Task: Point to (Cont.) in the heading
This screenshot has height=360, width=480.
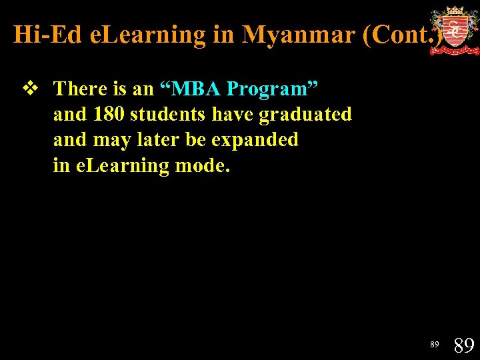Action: [x=403, y=35]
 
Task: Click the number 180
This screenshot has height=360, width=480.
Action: [x=109, y=114]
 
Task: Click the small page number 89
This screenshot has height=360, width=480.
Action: [x=435, y=345]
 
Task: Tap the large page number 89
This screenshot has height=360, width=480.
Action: [x=463, y=345]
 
